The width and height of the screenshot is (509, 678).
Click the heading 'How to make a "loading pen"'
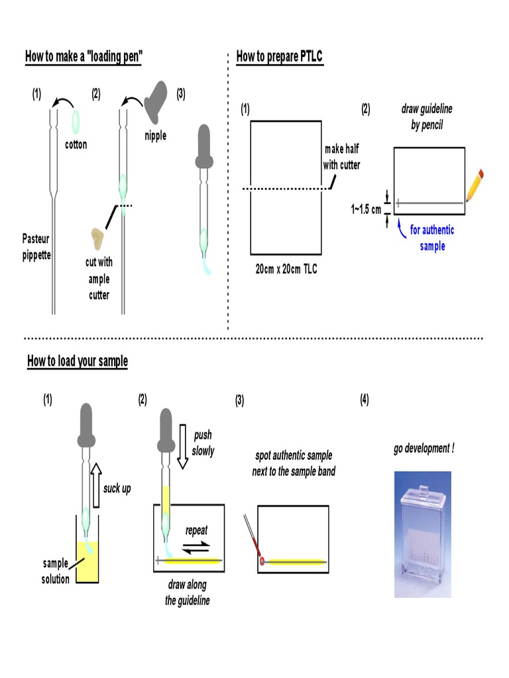pyautogui.click(x=84, y=56)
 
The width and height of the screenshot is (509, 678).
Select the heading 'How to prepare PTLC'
pyautogui.click(x=280, y=56)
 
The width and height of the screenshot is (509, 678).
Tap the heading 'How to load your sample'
pyautogui.click(x=78, y=361)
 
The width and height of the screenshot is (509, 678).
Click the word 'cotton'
pyautogui.click(x=76, y=144)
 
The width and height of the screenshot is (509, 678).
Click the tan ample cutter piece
pyautogui.click(x=100, y=238)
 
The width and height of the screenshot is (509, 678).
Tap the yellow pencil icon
pyautogui.click(x=475, y=185)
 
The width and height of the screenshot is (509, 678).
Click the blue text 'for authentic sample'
pyautogui.click(x=431, y=238)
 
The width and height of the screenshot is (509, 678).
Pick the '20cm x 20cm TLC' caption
pyautogui.click(x=286, y=270)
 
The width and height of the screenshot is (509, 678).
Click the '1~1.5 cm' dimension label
pyautogui.click(x=367, y=209)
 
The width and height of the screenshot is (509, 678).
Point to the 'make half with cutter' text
pyautogui.click(x=341, y=157)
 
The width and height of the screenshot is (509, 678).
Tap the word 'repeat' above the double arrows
pyautogui.click(x=197, y=530)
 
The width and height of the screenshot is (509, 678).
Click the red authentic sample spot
pyautogui.click(x=262, y=561)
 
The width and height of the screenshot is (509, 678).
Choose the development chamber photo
pyautogui.click(x=422, y=534)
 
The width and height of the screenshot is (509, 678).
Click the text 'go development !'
pyautogui.click(x=424, y=448)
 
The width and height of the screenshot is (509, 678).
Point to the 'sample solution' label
pyautogui.click(x=56, y=571)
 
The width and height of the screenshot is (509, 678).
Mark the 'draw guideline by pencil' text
pyautogui.click(x=426, y=117)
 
